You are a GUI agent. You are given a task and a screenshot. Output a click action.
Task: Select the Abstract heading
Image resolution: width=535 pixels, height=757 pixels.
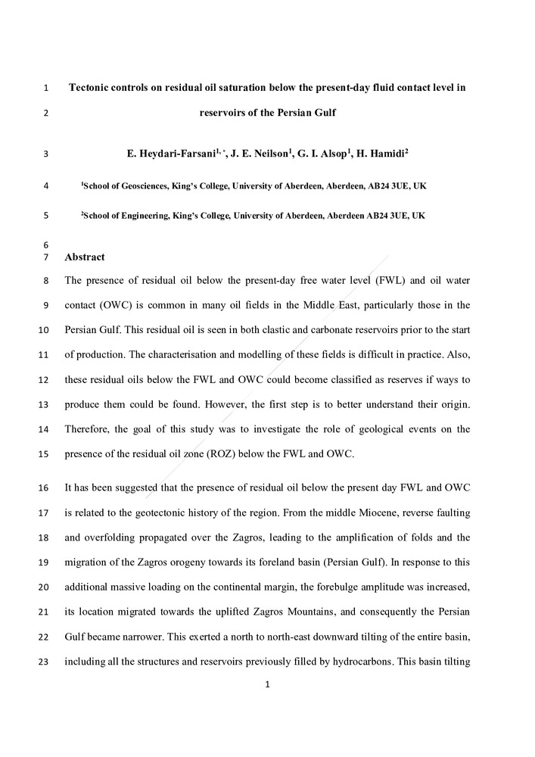[x=85, y=257]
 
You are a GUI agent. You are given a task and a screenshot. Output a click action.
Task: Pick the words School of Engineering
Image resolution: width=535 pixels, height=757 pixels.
[x=122, y=216]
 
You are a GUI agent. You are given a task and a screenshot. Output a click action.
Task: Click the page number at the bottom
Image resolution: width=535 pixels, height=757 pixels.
[x=266, y=685]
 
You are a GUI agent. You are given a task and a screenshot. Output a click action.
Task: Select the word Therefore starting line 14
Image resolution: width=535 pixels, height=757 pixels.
[x=90, y=429]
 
